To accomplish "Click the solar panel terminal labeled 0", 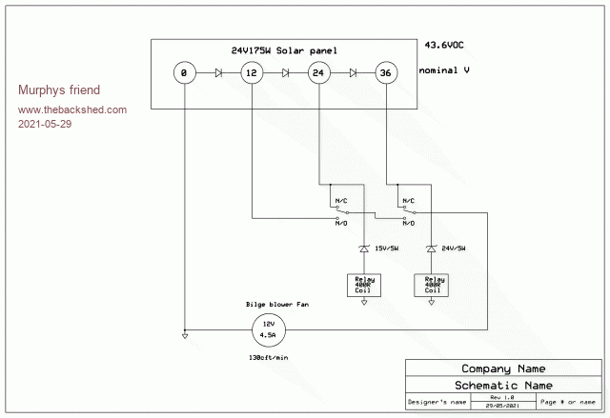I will pos(185,72).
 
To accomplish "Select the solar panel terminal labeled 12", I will pos(251,72).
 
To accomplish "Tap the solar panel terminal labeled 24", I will pos(318,72).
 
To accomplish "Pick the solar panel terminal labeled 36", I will pos(385,72).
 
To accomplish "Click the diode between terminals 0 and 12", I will pos(218,72).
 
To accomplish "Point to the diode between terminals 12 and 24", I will pos(285,72).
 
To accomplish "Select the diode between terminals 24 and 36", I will pos(352,72).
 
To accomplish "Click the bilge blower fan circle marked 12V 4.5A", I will pos(269,331).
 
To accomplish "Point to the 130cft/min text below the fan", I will pos(268,358).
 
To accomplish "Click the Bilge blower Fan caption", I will pos(277,305).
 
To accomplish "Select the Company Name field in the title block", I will pos(503,368).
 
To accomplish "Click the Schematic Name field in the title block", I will pos(503,384).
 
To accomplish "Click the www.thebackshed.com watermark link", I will pos(72,109).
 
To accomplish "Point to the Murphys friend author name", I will pos(59,90).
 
